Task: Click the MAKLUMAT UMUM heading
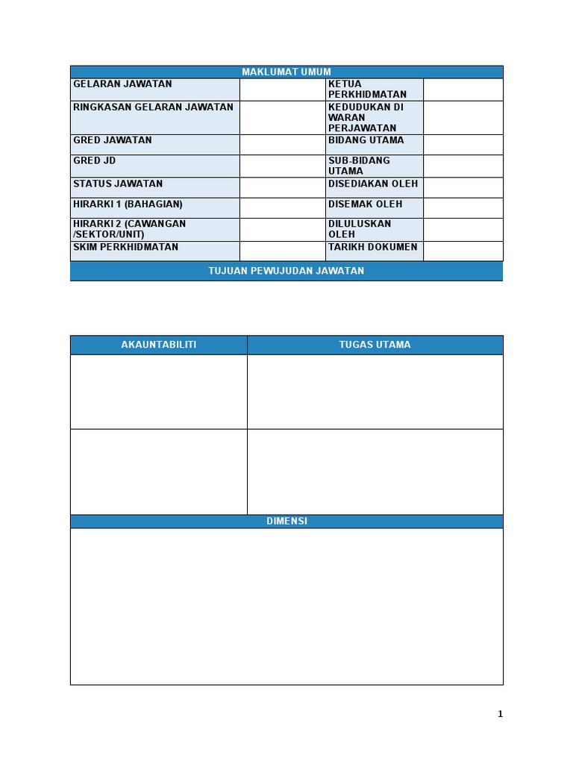click(x=286, y=72)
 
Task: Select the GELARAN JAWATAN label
click(x=122, y=84)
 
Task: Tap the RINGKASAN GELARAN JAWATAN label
click(x=153, y=107)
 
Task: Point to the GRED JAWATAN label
click(x=113, y=140)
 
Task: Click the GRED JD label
click(x=95, y=160)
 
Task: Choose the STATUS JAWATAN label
click(x=118, y=184)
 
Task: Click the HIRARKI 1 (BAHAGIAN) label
click(x=128, y=204)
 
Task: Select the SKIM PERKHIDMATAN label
click(x=125, y=247)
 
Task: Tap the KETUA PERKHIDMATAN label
click(x=367, y=90)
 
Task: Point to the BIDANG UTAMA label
click(x=366, y=140)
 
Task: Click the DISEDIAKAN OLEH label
click(x=373, y=184)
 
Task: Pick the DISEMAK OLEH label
click(x=365, y=204)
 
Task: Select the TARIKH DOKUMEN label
click(x=373, y=247)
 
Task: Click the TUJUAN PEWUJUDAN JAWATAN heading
click(x=286, y=271)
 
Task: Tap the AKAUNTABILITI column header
click(x=159, y=345)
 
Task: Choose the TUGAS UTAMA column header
click(x=375, y=345)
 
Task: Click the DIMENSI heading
click(x=286, y=522)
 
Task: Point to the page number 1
click(x=501, y=714)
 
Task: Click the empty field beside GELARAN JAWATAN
click(x=283, y=90)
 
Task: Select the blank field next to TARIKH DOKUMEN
click(x=463, y=251)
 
